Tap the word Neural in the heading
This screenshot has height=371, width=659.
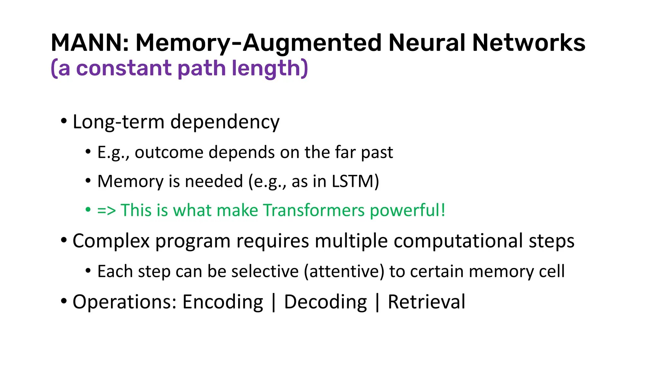click(426, 43)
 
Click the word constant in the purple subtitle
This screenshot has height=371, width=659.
click(124, 68)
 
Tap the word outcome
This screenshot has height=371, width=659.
click(169, 152)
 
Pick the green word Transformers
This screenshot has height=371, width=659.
click(314, 210)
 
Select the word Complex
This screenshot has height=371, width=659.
click(111, 241)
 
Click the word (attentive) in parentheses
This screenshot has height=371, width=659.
click(344, 271)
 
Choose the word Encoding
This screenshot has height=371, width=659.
click(223, 302)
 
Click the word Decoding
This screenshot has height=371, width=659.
click(325, 302)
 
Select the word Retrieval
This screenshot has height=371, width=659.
click(426, 302)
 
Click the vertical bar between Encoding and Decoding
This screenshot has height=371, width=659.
click(274, 303)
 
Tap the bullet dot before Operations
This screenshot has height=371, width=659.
click(64, 301)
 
